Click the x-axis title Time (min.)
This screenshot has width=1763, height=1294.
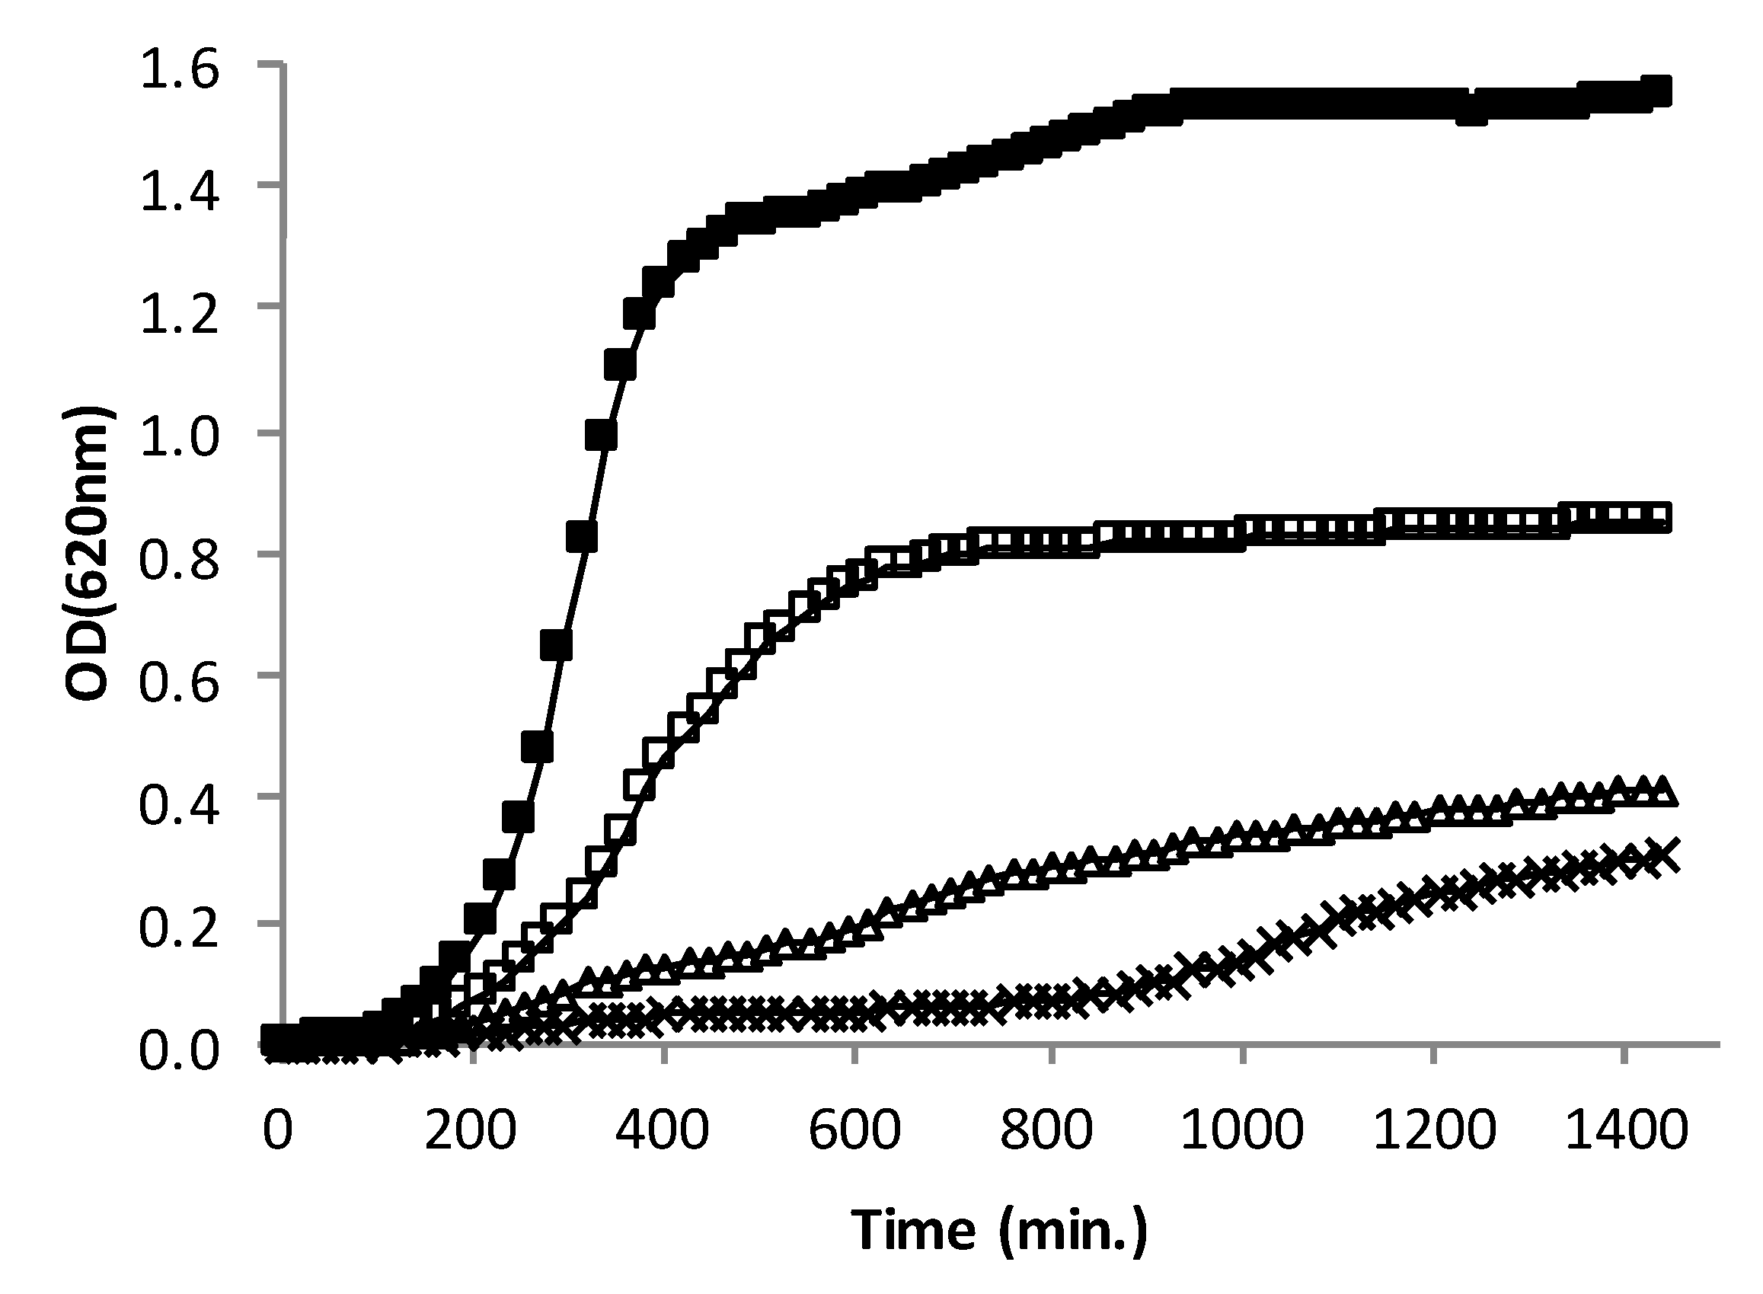click(999, 1230)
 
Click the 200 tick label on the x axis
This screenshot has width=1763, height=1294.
click(471, 1131)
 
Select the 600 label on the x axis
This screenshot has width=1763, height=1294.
click(854, 1131)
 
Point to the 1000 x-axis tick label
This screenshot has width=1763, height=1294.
click(1241, 1131)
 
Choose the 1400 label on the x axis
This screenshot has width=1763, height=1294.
click(1625, 1131)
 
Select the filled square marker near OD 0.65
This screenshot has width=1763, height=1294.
click(556, 645)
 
